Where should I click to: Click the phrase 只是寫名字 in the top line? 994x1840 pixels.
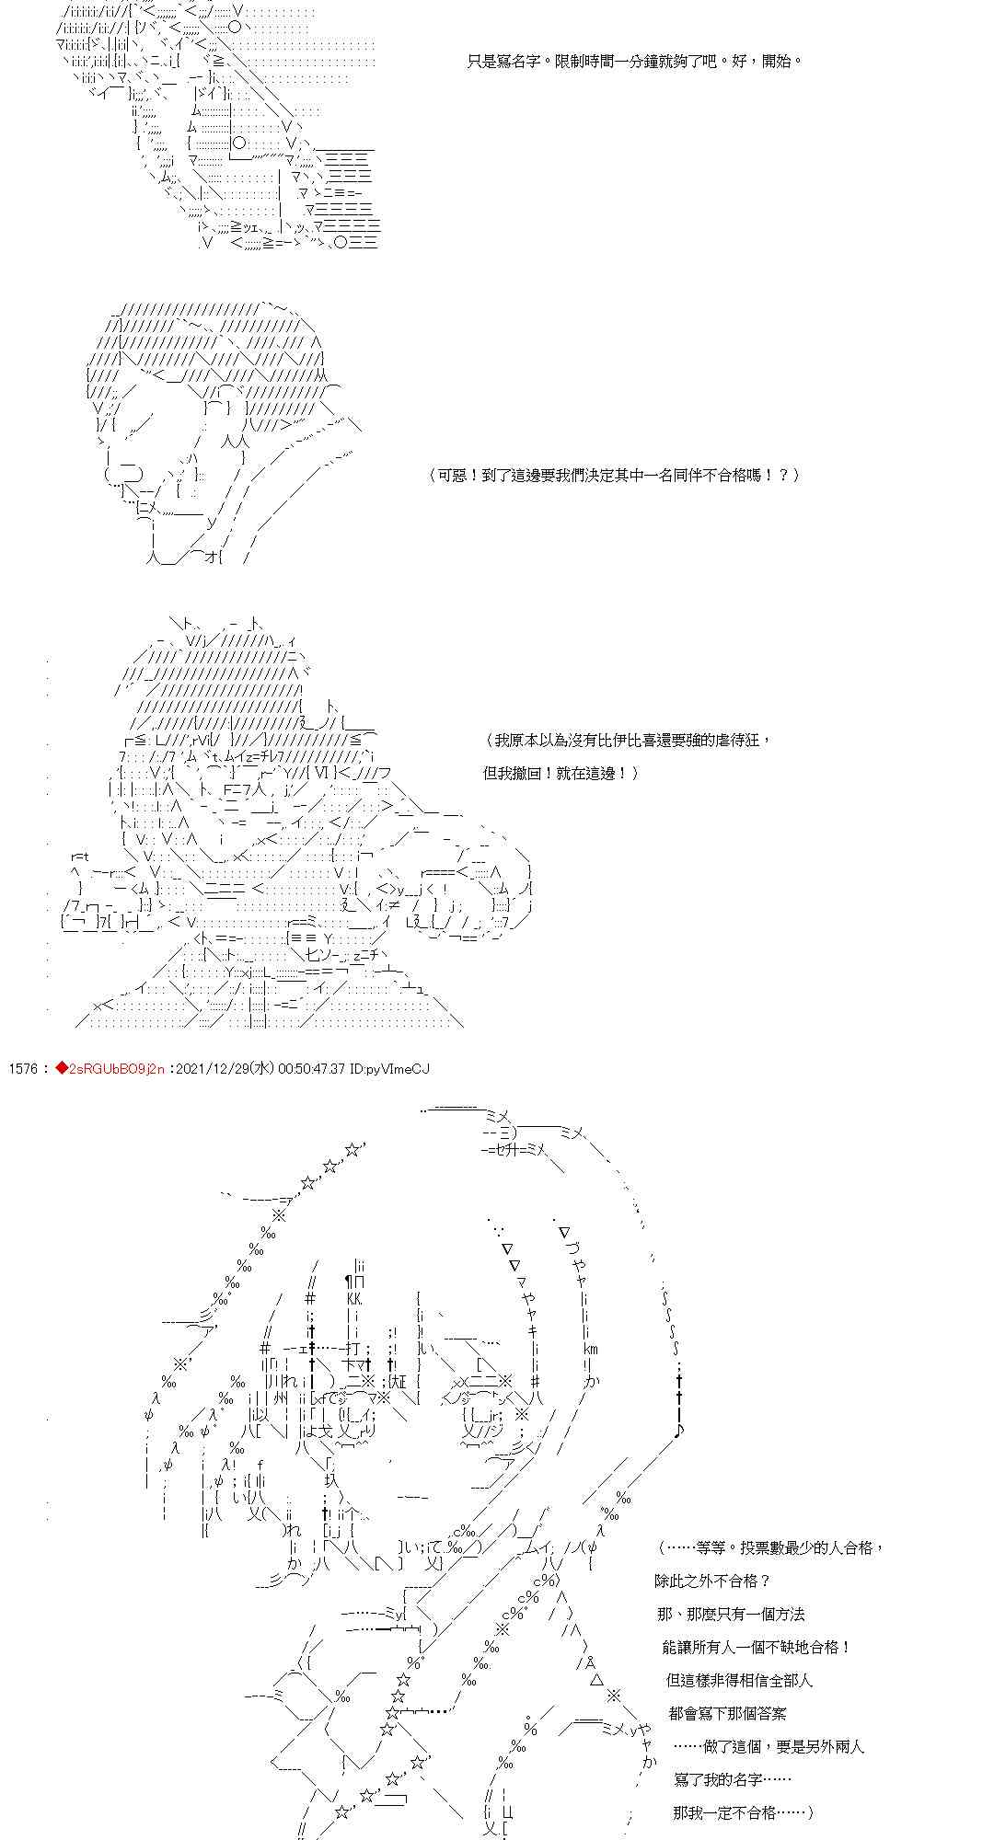pos(506,62)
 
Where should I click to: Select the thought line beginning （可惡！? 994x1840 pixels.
pos(614,475)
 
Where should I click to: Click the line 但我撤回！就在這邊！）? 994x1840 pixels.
pos(561,773)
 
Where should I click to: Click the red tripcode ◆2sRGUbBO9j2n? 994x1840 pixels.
pos(110,1068)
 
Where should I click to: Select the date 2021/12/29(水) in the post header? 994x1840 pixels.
pos(224,1068)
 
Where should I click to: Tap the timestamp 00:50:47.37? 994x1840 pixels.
pos(310,1068)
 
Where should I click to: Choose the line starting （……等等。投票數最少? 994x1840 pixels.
pos(771,1547)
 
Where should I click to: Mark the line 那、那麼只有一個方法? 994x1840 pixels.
pos(732,1614)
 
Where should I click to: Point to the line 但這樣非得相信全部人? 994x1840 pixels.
pos(739,1680)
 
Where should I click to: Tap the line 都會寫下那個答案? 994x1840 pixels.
pos(728,1713)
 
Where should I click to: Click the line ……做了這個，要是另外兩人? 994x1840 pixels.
pos(769,1746)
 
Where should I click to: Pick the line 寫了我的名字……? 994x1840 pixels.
pos(733,1779)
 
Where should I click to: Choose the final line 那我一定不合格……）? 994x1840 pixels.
pos(744,1812)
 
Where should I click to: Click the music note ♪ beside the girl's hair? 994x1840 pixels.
pos(678,1431)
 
